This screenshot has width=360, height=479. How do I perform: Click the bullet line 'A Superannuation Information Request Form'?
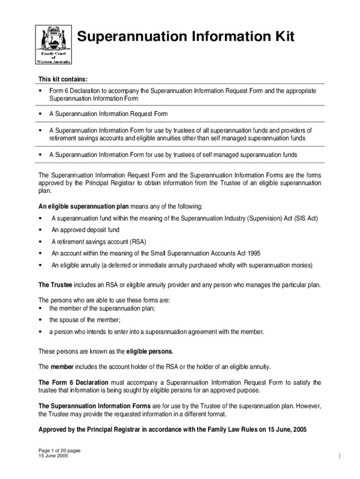[x=108, y=114]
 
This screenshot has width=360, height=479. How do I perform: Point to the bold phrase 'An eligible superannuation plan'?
[x=83, y=206]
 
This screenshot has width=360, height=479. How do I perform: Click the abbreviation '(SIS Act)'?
[x=306, y=218]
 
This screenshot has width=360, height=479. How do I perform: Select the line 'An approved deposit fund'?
[x=85, y=230]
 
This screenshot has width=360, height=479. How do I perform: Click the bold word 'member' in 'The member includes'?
[x=62, y=367]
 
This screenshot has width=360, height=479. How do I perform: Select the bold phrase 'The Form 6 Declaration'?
[x=73, y=383]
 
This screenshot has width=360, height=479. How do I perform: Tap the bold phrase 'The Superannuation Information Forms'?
[x=94, y=406]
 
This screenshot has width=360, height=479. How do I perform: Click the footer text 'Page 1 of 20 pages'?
[x=59, y=451]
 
